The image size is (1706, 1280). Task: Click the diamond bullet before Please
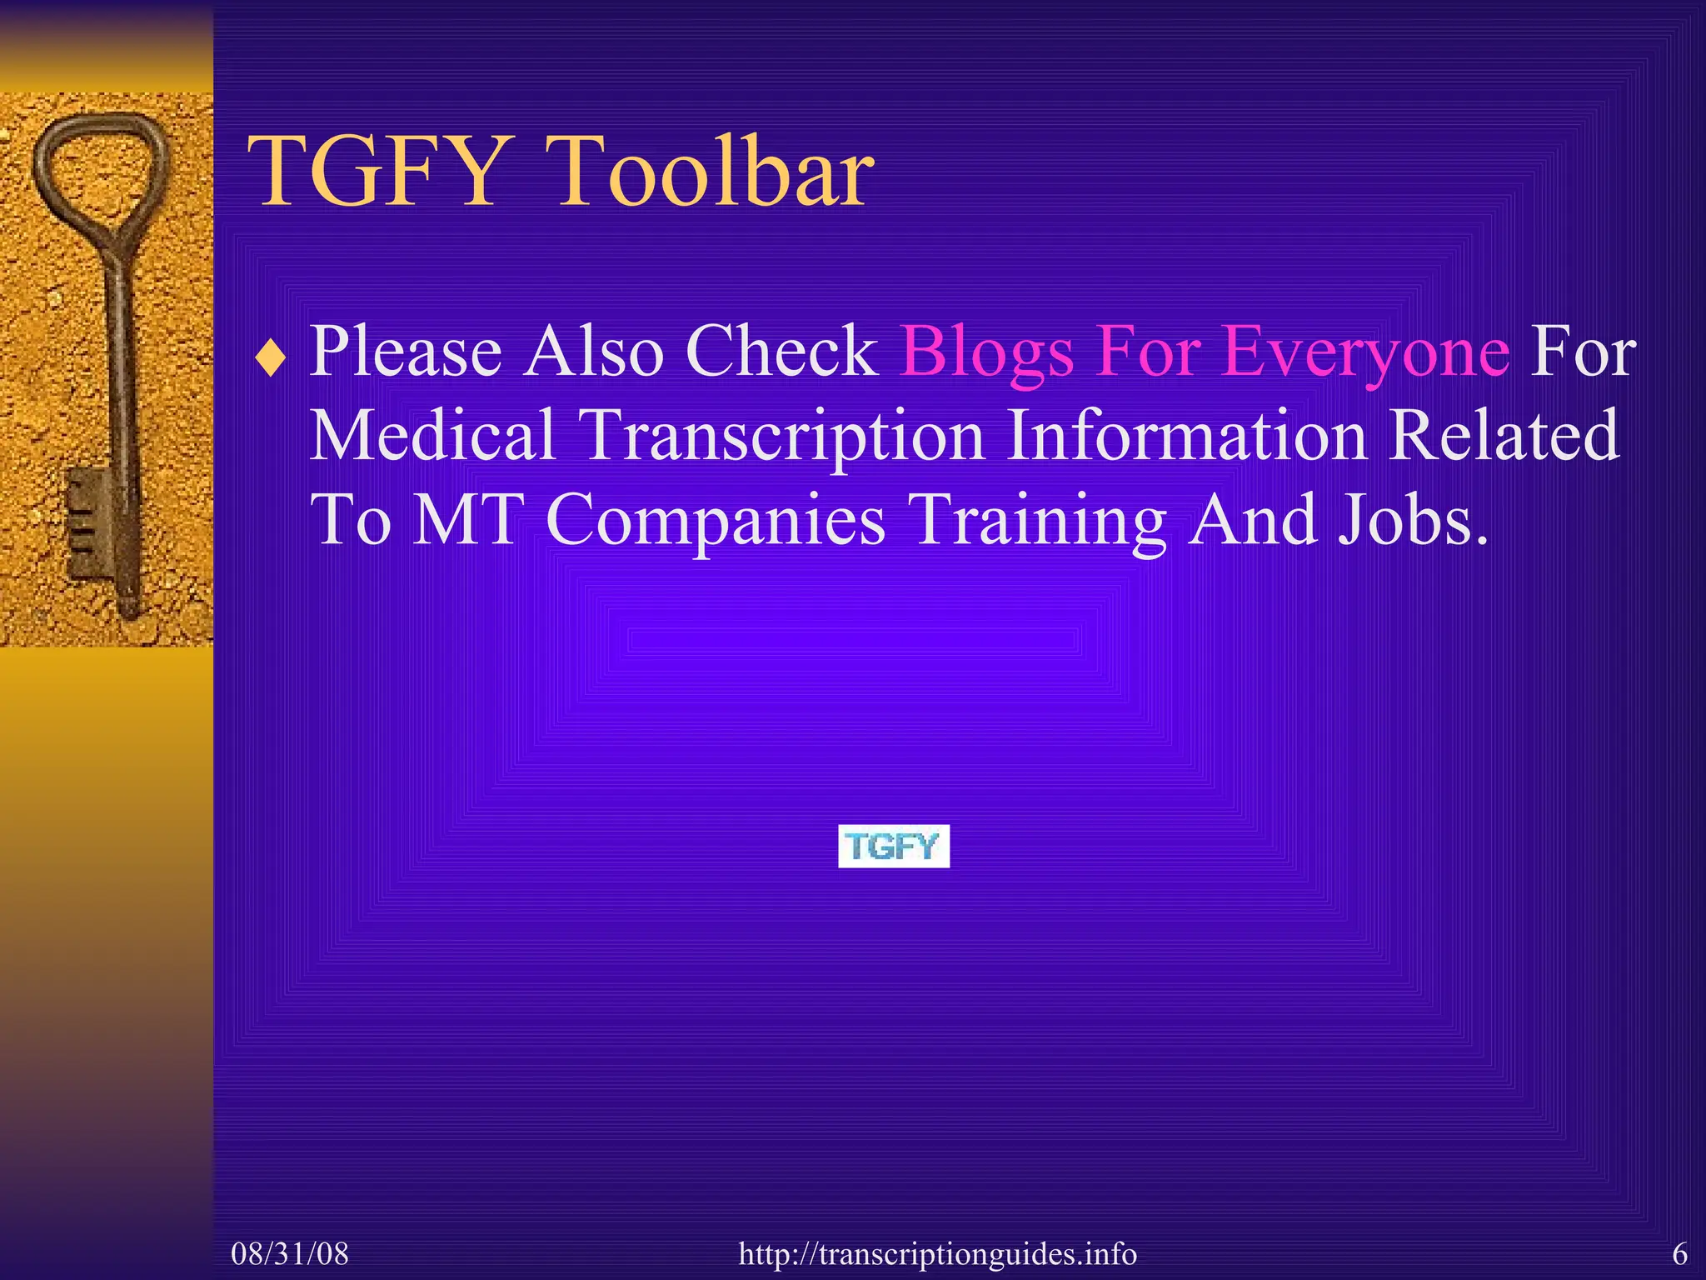(272, 359)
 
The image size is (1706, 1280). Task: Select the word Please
(406, 352)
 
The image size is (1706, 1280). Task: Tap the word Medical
(432, 434)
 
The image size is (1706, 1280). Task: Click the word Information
(1186, 434)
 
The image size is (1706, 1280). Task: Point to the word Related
(1504, 434)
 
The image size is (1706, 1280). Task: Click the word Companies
(716, 520)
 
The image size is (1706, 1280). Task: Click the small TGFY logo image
(893, 847)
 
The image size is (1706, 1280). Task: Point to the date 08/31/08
(290, 1253)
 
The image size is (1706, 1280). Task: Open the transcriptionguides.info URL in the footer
(937, 1253)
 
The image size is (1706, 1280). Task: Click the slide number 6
(1679, 1253)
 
